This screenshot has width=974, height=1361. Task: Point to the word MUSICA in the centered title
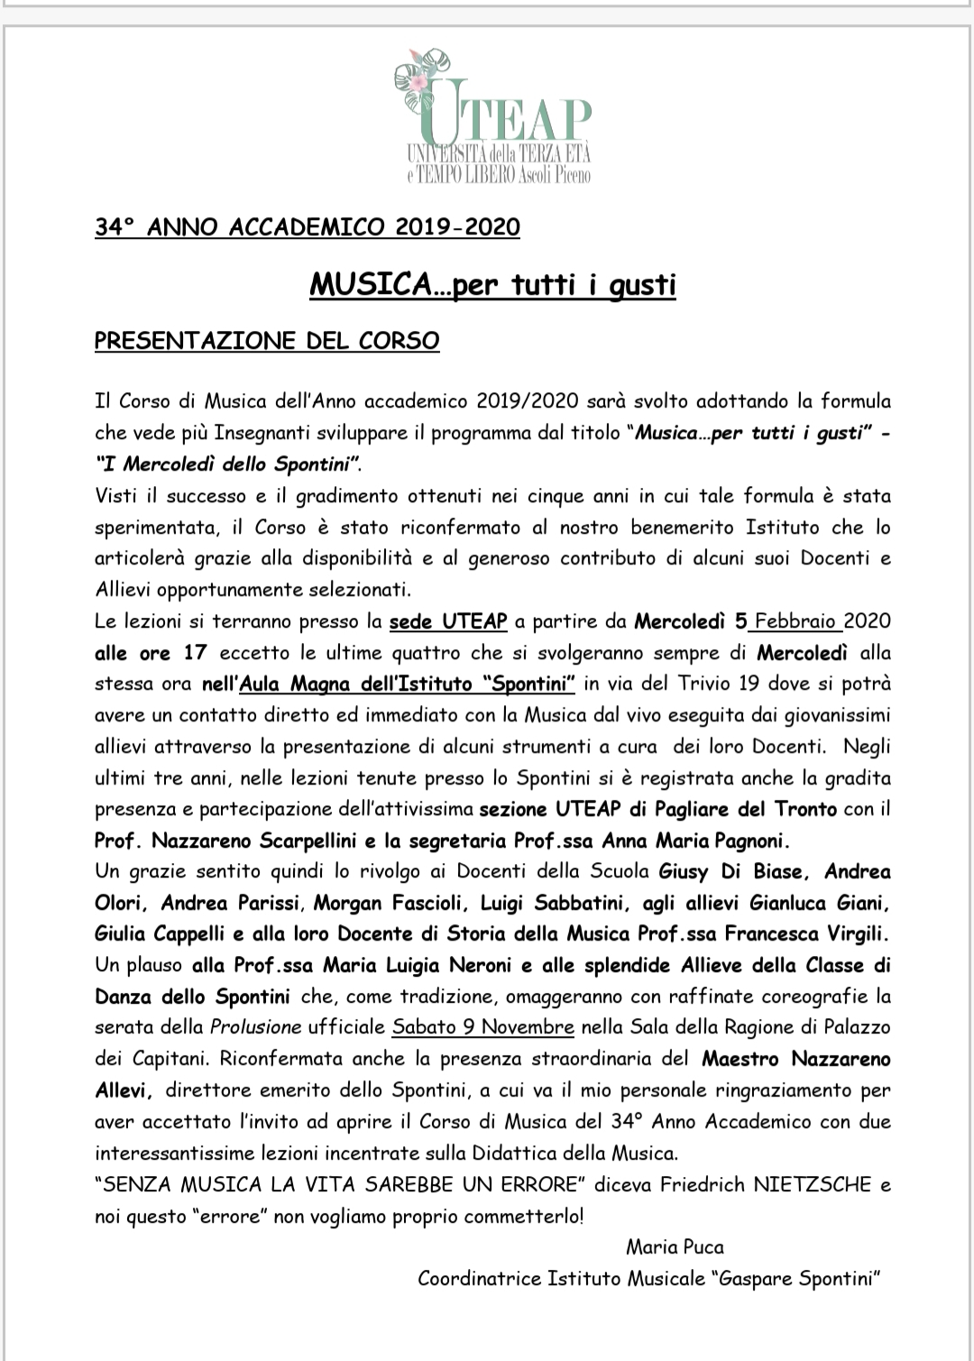(x=368, y=285)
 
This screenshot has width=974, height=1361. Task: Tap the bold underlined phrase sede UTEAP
(x=448, y=621)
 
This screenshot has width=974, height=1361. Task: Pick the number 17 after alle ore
(x=195, y=653)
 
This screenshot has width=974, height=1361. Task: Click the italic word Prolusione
(x=256, y=1027)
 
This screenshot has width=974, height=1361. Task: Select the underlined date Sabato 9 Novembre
(x=483, y=1027)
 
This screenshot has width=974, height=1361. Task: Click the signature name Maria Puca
(x=675, y=1247)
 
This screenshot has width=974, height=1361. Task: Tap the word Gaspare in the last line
(x=758, y=1278)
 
